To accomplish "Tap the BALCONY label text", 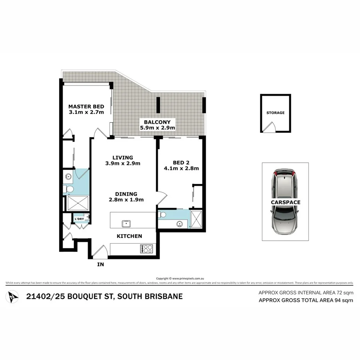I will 157,121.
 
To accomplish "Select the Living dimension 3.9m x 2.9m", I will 122,163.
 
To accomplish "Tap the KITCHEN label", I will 129,236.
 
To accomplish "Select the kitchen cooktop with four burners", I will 147,249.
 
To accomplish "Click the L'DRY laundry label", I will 79,219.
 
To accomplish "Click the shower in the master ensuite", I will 78,204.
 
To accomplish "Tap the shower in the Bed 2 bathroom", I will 197,219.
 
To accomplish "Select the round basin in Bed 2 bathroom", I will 179,223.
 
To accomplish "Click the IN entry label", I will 100,265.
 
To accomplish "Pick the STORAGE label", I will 275,113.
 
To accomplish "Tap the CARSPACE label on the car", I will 285,202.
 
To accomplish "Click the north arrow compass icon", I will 13,297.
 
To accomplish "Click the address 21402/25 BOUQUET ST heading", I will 104,297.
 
